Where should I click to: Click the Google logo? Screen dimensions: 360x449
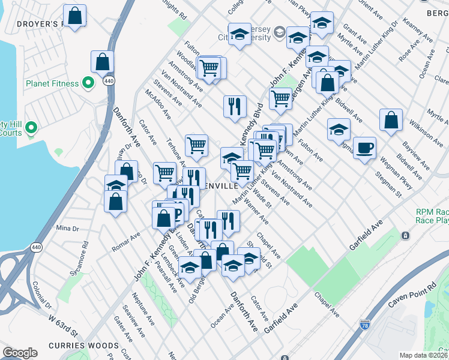click(20, 353)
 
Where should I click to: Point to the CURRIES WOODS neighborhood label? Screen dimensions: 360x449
click(89, 346)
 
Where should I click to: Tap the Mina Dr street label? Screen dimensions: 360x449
click(67, 229)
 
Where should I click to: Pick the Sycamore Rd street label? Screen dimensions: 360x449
click(85, 253)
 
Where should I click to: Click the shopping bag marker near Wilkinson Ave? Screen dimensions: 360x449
click(391, 120)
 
